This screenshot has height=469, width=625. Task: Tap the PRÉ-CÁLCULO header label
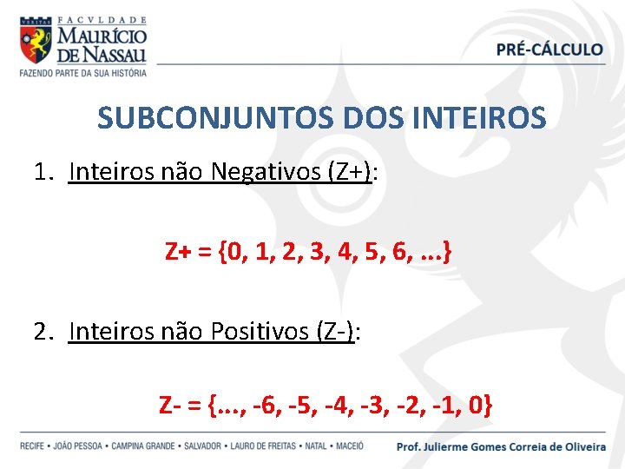549,49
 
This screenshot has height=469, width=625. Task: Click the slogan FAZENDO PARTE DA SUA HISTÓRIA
83,72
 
